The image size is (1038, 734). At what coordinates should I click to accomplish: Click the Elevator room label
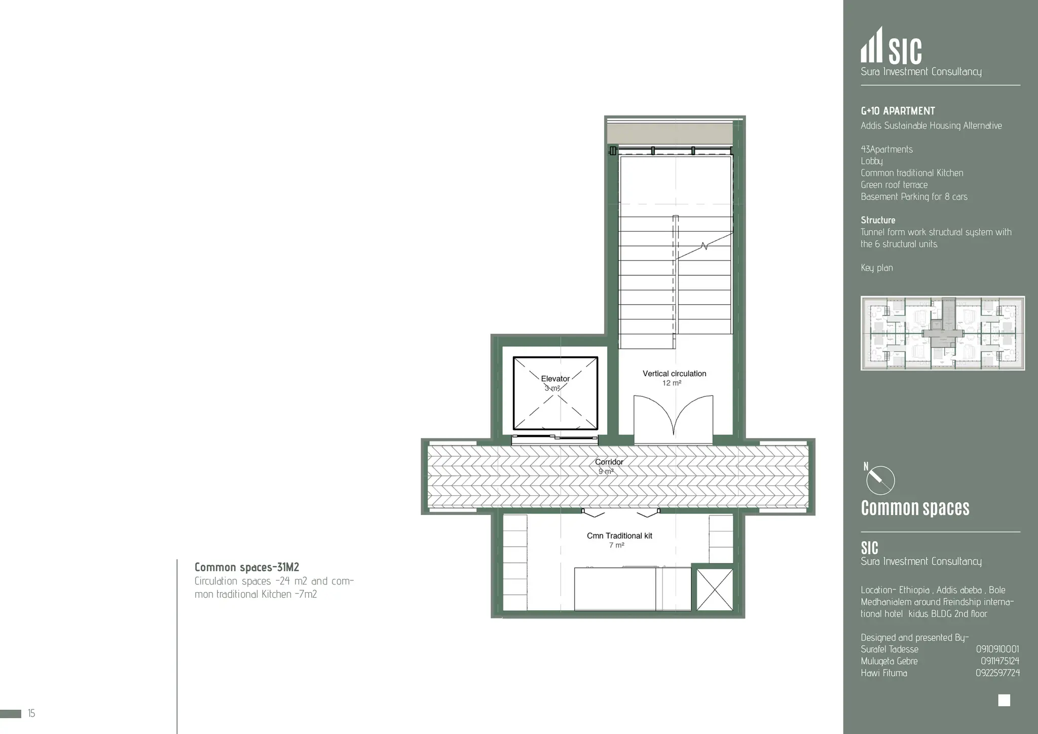pos(555,379)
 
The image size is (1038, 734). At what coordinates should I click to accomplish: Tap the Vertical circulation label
pos(674,374)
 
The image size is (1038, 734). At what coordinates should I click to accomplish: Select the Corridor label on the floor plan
pos(609,462)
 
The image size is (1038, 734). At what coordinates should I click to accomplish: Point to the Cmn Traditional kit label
pos(619,536)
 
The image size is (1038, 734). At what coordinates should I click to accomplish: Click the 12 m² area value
pos(672,383)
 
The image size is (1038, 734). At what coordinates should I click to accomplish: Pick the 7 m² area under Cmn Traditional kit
pos(616,545)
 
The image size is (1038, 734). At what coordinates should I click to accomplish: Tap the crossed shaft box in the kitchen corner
pos(715,590)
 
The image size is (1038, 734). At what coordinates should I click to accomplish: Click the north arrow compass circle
pos(880,480)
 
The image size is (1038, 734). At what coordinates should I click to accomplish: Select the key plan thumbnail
pos(942,333)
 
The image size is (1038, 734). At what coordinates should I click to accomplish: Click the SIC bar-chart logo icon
pos(872,46)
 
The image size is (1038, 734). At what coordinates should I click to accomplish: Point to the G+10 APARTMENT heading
pos(898,111)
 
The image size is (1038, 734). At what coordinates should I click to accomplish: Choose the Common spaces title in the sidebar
pos(915,508)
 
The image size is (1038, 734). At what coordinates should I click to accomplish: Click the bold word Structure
pos(878,220)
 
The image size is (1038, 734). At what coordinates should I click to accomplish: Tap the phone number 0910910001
pos(997,649)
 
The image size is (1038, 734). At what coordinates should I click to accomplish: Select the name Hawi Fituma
pos(884,673)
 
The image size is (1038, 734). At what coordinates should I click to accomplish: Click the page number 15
pos(31,714)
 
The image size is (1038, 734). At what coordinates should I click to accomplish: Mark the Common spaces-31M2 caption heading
pos(247,567)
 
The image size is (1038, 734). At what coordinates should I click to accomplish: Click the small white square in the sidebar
pos(1004,700)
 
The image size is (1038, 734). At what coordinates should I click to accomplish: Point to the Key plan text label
pos(877,268)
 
